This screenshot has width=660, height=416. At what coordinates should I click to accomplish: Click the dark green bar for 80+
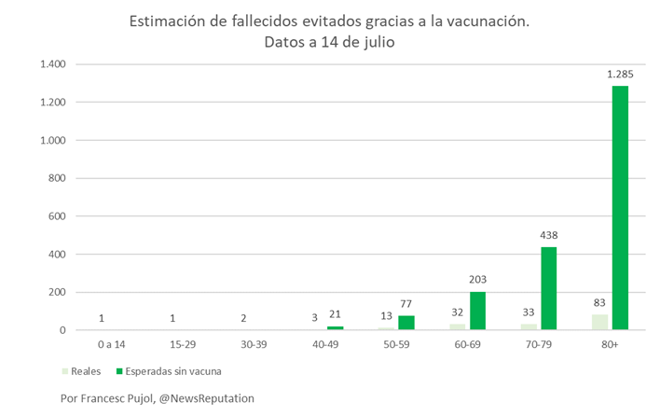coord(620,207)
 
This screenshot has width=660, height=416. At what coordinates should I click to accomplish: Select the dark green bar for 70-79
coord(548,288)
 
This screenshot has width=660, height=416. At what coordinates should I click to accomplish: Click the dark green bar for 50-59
coord(406,323)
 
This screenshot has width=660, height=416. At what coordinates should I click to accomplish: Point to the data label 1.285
coord(621,73)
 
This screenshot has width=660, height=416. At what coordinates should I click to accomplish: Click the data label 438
coord(548,236)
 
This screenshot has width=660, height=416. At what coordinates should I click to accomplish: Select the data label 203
coord(477,280)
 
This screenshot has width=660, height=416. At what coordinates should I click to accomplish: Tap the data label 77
coord(406,304)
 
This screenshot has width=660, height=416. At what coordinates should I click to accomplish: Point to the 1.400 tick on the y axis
coord(52,64)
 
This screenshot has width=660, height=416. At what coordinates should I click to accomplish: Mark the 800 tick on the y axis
coord(58,178)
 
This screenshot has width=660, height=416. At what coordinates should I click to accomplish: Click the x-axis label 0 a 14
coord(111,343)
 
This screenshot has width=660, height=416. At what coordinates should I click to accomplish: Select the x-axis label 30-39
coord(254,343)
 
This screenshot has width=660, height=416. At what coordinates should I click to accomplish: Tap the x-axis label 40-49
coord(326,343)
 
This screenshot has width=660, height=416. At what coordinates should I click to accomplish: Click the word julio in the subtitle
coord(378,43)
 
